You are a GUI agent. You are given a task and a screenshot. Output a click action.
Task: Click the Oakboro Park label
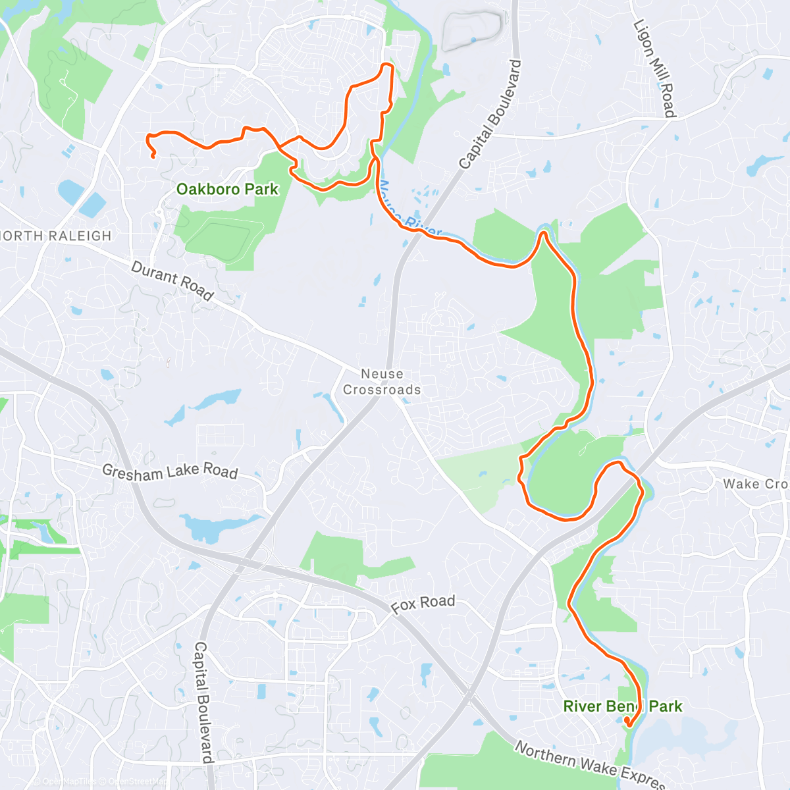(227, 190)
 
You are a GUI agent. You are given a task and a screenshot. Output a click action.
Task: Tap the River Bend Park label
(622, 706)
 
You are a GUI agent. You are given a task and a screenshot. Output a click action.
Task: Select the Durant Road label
(172, 280)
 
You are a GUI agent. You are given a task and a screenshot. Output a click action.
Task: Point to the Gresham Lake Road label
(170, 471)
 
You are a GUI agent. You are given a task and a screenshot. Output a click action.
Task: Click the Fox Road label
(423, 604)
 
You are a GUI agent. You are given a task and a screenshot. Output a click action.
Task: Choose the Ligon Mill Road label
(654, 68)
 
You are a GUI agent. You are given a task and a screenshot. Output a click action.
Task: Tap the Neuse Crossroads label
(382, 382)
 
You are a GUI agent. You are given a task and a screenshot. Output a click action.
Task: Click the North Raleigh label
(56, 236)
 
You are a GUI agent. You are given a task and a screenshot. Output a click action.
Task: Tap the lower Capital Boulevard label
(203, 702)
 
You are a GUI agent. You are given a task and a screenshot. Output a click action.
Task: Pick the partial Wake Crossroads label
(755, 484)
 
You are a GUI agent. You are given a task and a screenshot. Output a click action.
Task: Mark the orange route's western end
(153, 157)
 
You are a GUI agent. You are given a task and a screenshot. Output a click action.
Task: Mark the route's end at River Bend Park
(628, 725)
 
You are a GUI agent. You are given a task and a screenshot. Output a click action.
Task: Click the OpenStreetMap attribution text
(138, 782)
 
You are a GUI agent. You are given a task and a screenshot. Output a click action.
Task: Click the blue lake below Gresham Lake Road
(211, 527)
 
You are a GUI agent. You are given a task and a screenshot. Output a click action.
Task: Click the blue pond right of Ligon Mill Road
(764, 162)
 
